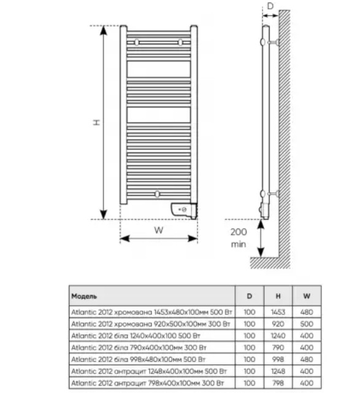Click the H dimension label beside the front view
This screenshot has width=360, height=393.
click(97, 122)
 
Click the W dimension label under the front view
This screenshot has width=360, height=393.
click(159, 230)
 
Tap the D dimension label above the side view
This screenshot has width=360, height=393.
click(270, 6)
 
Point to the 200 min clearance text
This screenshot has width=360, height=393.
click(239, 238)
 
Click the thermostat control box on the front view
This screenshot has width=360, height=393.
click(183, 210)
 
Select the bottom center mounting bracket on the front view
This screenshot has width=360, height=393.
click(157, 194)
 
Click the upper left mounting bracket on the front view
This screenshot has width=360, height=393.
click(137, 42)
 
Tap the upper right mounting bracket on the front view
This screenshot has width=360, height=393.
click(180, 42)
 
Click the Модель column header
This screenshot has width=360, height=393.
click(84, 296)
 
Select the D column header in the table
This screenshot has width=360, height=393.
click(250, 296)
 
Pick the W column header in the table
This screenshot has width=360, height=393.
click(307, 296)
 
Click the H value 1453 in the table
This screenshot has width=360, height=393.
click(278, 312)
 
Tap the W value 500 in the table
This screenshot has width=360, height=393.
click(307, 324)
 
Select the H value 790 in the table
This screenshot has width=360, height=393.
click(278, 348)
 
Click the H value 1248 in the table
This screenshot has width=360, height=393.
click(278, 371)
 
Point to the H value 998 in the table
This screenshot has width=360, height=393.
click(278, 359)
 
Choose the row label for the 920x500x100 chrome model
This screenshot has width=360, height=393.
click(151, 324)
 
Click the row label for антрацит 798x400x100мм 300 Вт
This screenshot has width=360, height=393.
click(147, 383)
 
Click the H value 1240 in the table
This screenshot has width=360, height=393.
click(278, 336)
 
